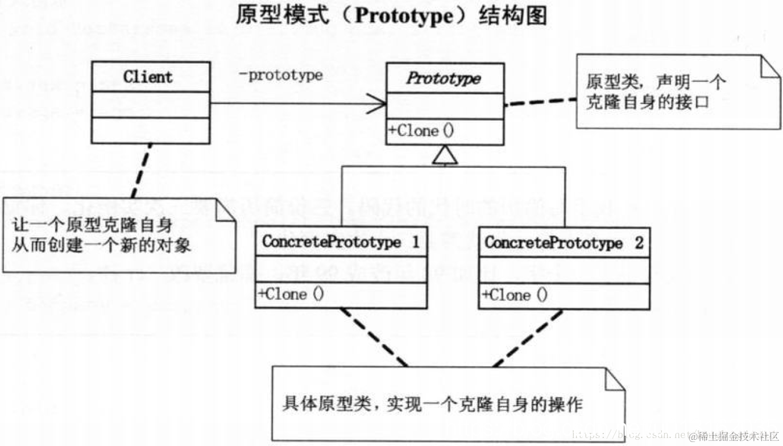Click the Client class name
coord(148,77)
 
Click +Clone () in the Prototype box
coord(421,131)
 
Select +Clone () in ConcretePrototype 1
coord(291,295)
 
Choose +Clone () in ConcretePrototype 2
coord(515,295)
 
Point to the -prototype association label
coord(280,75)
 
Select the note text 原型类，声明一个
coord(656,83)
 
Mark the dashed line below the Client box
coord(142,170)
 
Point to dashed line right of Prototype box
coord(540,102)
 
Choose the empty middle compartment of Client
coord(150,105)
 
